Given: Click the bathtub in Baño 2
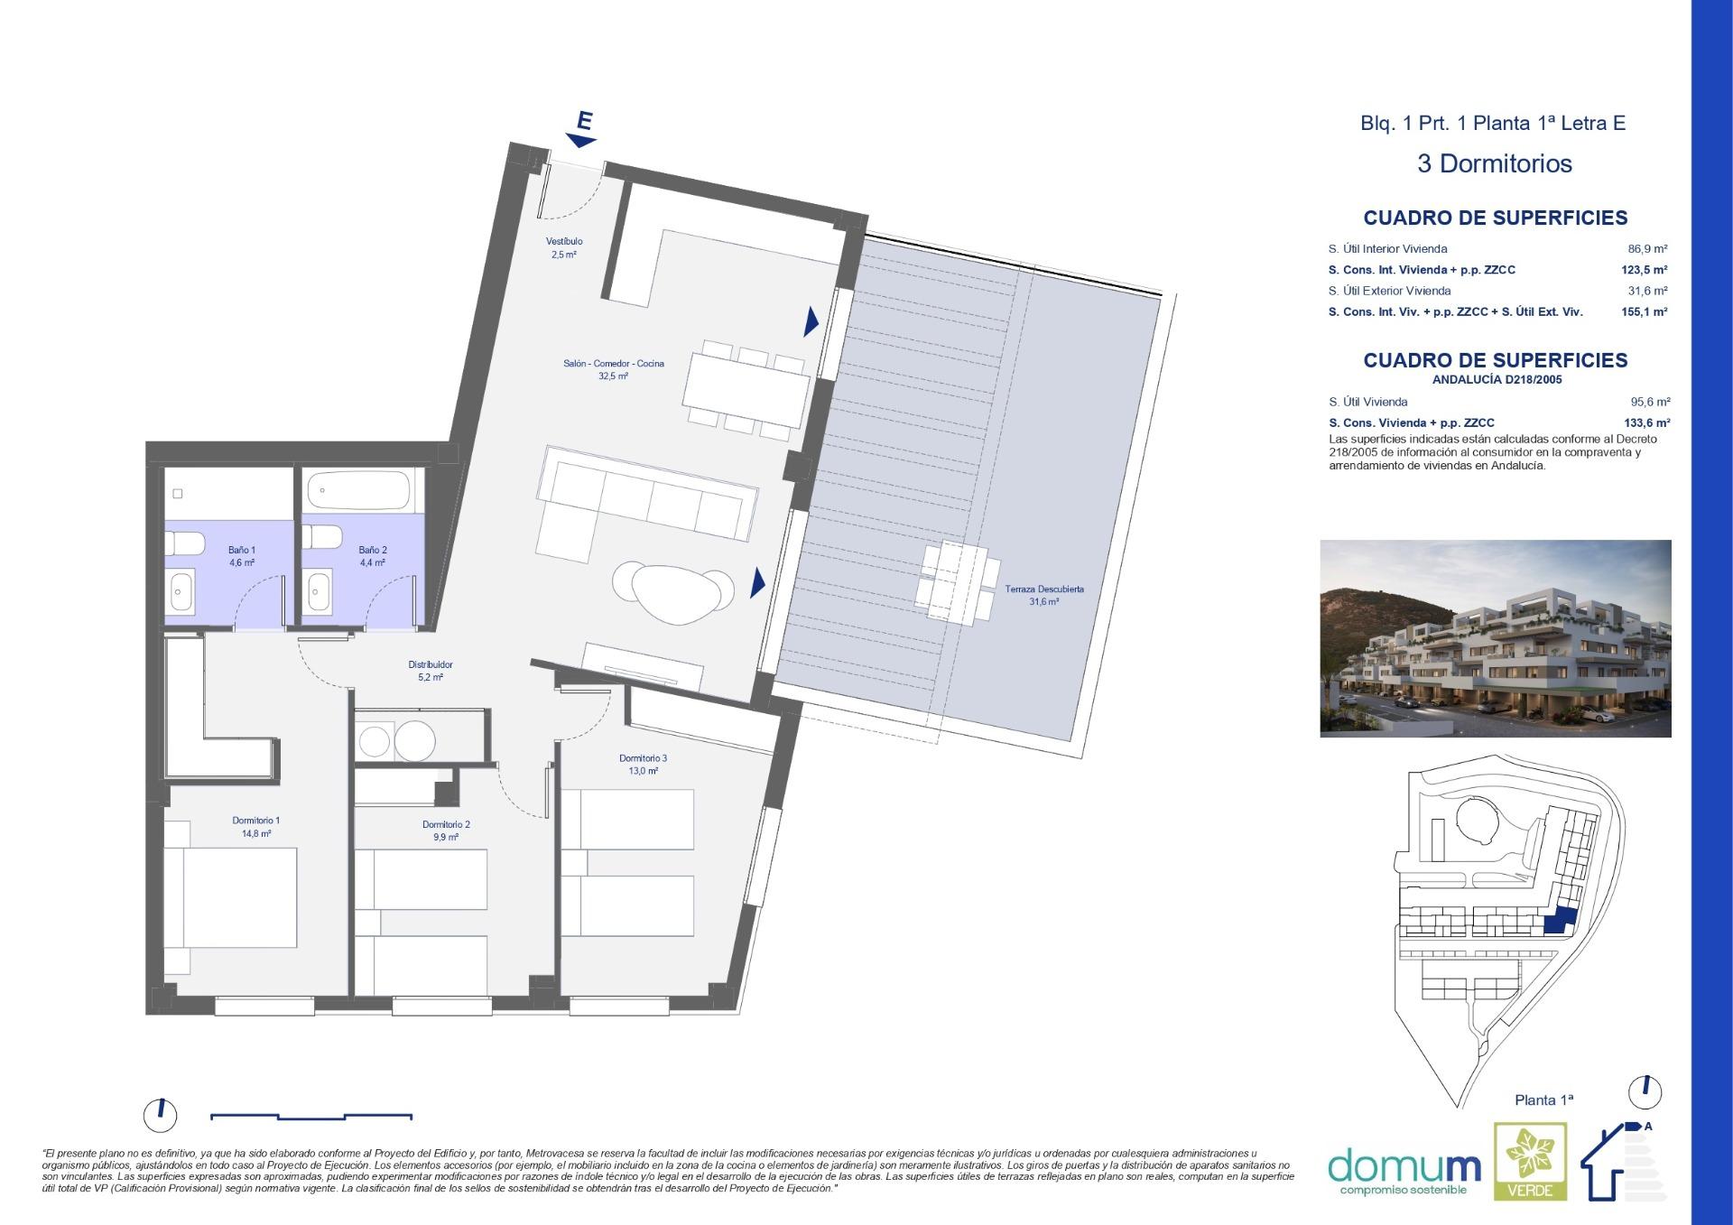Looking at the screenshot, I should point(359,493).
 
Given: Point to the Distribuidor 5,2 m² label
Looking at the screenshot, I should point(431,671).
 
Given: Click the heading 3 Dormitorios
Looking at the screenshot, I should point(1494,163).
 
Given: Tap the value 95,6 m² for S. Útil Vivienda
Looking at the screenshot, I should point(1650,403).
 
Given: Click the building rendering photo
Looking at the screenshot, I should point(1495,638).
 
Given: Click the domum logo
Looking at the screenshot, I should point(1404,1167).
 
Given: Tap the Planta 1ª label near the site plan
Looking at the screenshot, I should point(1543,1100).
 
